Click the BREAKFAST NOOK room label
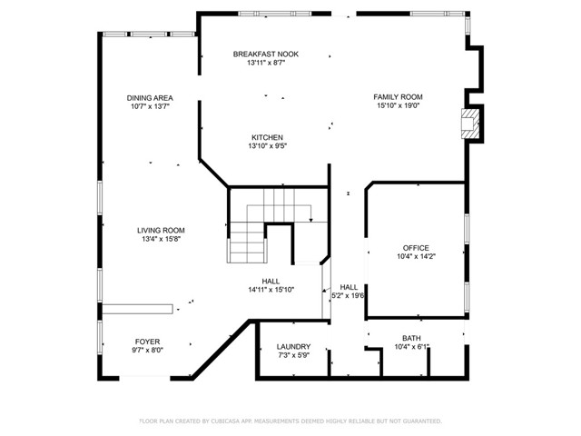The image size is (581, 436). pos(266,54)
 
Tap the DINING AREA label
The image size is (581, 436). pos(150,98)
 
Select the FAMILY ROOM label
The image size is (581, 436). pos(398,97)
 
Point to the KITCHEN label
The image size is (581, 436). pos(268,137)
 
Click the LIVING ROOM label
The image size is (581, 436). pos(161,231)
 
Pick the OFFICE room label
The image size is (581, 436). pos(416,248)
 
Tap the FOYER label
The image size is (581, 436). pos(147,342)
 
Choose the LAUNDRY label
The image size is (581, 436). pos(293,347)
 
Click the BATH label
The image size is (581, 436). pos(411,338)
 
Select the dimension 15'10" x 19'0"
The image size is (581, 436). pos(399,105)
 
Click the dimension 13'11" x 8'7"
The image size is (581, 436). pos(266,63)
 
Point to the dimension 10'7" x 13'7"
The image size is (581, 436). pos(150,107)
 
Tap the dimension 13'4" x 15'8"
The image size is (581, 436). pos(161,239)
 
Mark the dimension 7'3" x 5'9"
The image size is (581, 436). pos(293,355)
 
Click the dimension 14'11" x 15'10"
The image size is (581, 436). pos(271,290)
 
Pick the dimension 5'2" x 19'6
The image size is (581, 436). pos(348,296)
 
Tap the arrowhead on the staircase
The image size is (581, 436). pos(310,220)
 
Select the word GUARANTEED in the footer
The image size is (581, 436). pos(423,421)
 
